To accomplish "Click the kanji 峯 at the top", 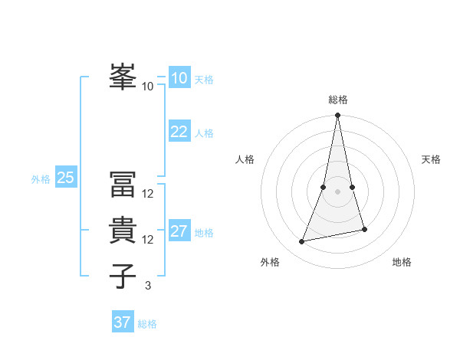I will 122,77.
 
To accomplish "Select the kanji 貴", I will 122,230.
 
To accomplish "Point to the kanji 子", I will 122,276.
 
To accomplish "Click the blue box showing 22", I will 179,132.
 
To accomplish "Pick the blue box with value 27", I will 179,231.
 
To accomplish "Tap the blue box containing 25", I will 65,178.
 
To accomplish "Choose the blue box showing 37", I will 122,322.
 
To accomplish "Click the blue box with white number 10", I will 179,78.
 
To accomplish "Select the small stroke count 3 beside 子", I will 148,286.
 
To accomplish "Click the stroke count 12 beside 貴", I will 148,240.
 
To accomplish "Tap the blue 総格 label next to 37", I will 147,324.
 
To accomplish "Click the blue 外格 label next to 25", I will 41,179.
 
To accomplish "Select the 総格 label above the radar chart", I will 338,100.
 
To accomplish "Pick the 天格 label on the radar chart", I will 432,159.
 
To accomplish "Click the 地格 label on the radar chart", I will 402,262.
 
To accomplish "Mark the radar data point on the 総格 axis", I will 337,116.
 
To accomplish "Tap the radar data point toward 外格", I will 302,241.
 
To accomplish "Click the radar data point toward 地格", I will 364,229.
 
